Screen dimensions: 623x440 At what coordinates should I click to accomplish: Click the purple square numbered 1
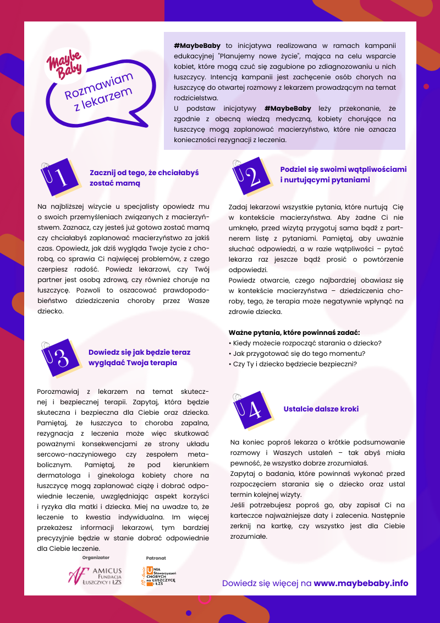coord(59,177)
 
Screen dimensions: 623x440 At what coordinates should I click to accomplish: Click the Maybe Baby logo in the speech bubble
coord(65,63)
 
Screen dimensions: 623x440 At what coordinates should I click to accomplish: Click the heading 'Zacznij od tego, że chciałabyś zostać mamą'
coord(144,177)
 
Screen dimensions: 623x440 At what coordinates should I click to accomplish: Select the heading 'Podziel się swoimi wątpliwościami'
coord(343,169)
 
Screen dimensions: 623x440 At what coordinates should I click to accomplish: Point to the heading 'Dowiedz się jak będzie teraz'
coord(139,352)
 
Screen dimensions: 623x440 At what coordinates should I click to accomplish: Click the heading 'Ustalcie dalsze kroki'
coord(321,409)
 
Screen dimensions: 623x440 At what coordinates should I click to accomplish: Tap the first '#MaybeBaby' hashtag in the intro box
coord(198,47)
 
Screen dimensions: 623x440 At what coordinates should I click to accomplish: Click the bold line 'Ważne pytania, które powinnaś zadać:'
coord(294,332)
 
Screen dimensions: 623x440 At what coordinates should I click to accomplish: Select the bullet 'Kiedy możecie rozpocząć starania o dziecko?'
coord(305,343)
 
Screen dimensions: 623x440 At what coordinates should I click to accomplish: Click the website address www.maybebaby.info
coord(361,583)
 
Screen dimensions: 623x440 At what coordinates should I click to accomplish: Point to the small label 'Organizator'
coord(96,557)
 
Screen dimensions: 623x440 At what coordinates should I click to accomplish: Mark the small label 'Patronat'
coord(156,557)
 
